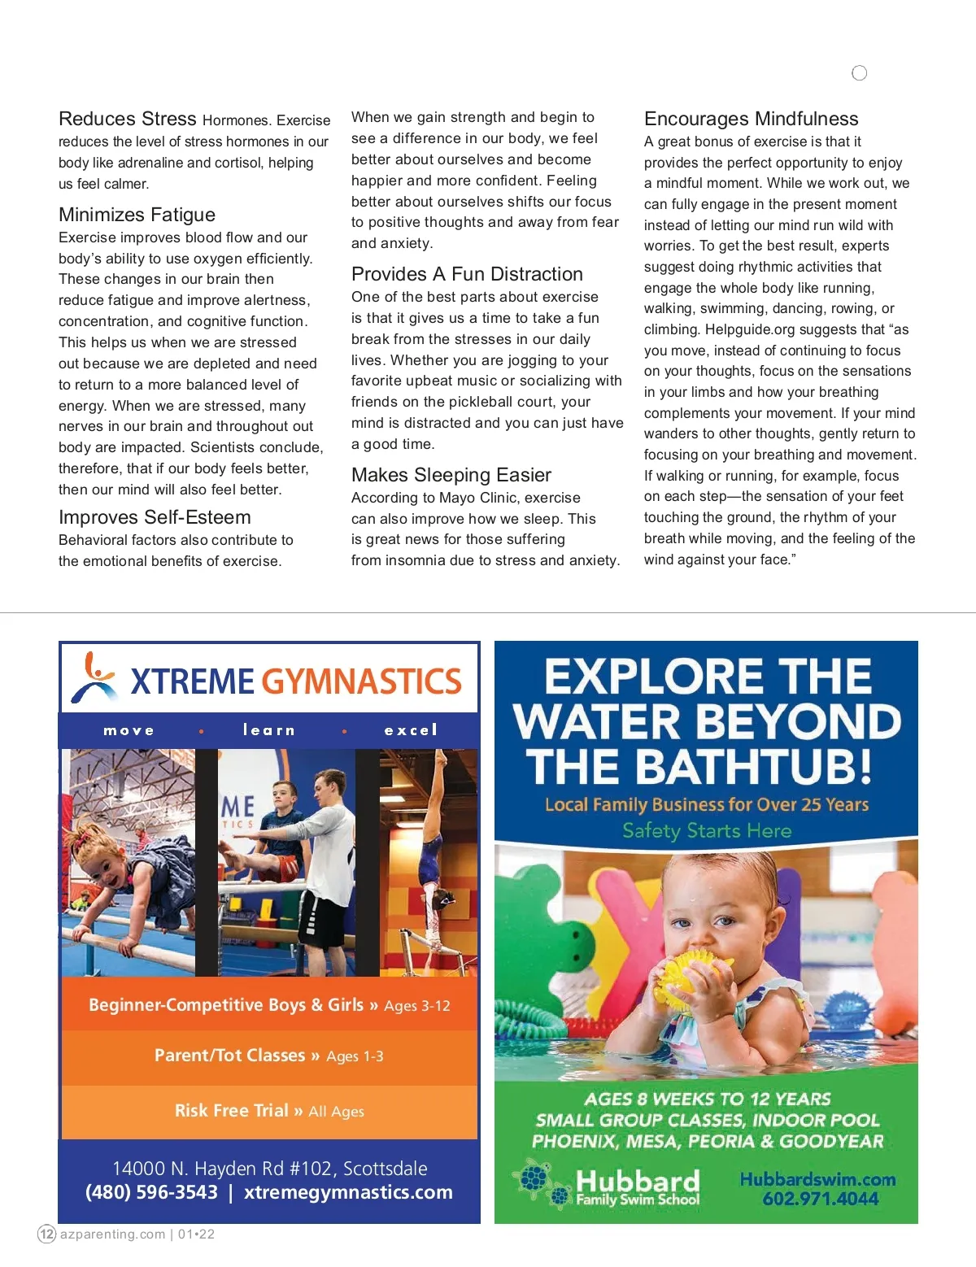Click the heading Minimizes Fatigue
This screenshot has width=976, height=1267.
tap(137, 215)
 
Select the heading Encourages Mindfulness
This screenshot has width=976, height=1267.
tap(751, 119)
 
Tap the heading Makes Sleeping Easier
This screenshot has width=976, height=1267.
tap(451, 475)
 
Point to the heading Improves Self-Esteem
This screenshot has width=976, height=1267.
tap(155, 517)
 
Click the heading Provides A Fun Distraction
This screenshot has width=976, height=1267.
tap(467, 274)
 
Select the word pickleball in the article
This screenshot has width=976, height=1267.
tap(483, 402)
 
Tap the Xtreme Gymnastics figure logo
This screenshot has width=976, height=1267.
tap(94, 677)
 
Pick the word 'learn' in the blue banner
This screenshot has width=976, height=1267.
tap(268, 730)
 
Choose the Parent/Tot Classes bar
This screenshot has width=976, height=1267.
tap(268, 1056)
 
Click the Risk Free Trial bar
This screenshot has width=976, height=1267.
tap(268, 1111)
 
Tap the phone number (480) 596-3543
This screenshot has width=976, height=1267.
tap(151, 1192)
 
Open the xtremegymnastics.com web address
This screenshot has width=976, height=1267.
tap(348, 1192)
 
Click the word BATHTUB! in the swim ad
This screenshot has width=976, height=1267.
tap(755, 767)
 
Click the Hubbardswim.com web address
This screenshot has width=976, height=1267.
tap(817, 1179)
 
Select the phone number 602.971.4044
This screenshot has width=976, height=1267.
tap(820, 1199)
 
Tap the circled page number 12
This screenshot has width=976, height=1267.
tap(47, 1234)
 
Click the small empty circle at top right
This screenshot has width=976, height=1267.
tap(859, 73)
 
